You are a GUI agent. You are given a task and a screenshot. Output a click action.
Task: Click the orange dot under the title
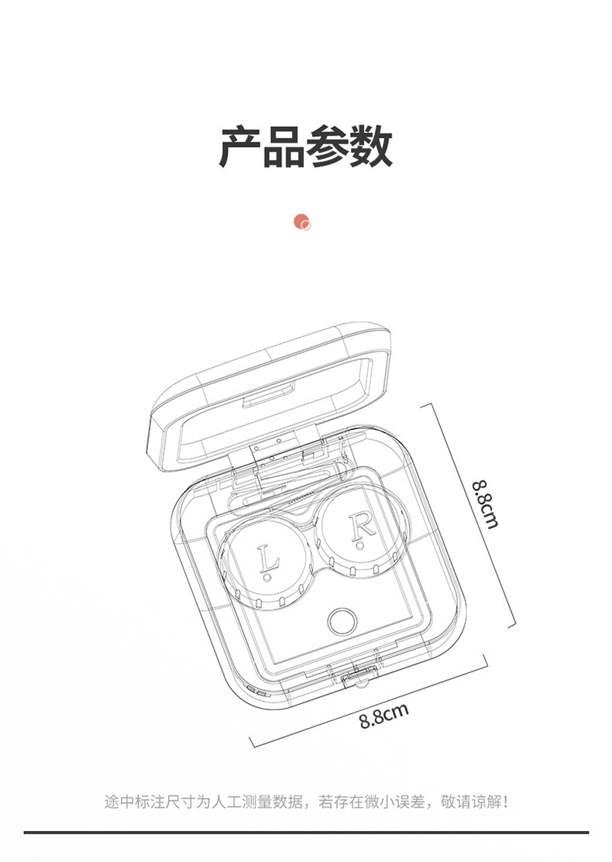(x=302, y=222)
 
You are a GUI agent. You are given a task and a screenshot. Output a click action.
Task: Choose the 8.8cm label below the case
(x=383, y=716)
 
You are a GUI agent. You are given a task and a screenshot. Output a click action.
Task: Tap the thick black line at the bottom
(x=306, y=833)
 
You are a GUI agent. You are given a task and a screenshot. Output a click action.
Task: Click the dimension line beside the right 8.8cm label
(x=473, y=511)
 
